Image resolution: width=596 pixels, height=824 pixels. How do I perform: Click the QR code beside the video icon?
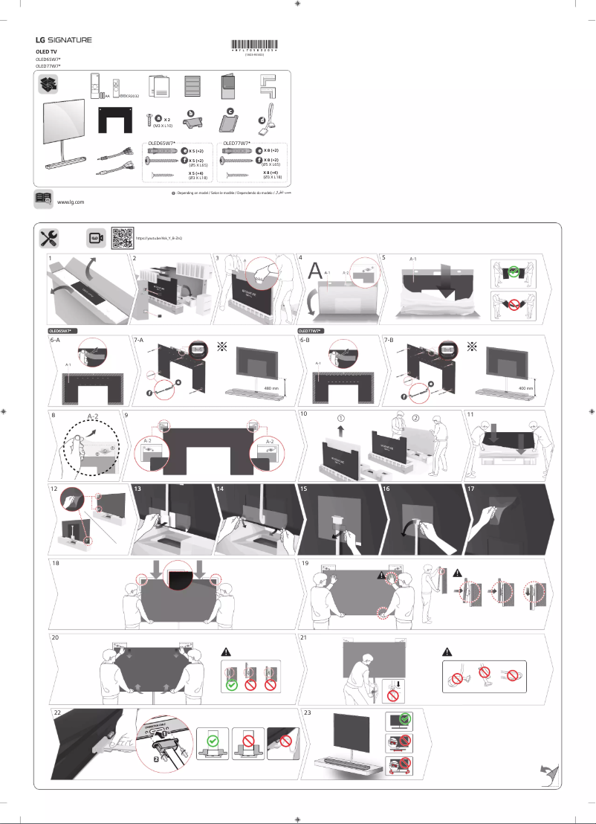coord(122,237)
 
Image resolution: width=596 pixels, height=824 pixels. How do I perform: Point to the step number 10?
coord(303,413)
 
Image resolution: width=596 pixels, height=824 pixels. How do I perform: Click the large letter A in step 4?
coord(315,271)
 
